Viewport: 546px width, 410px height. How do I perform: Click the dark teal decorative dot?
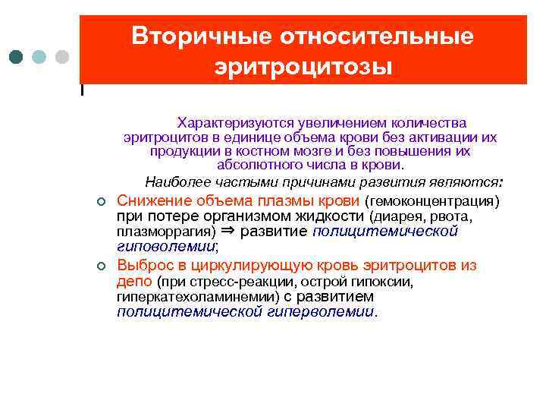coord(17,57)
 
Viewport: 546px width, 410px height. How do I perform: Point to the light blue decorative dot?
coord(39,57)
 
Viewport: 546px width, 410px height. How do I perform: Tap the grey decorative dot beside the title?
coord(62,57)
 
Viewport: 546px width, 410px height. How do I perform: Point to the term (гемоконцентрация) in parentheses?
coord(432,202)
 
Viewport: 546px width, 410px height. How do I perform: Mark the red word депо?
coord(135,282)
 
